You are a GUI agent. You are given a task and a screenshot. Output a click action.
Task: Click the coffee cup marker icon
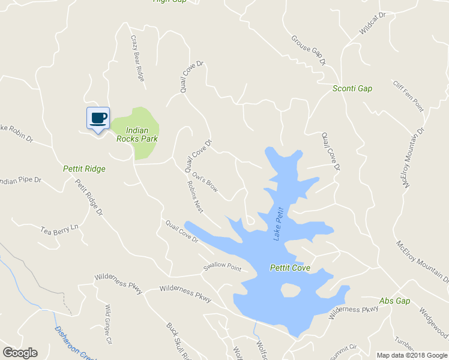pyautogui.click(x=98, y=118)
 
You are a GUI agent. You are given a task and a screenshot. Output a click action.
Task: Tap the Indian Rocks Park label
pyautogui.click(x=142, y=134)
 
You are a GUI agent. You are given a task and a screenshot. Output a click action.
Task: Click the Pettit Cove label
pyautogui.click(x=290, y=268)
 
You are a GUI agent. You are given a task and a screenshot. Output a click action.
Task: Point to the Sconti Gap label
pyautogui.click(x=352, y=89)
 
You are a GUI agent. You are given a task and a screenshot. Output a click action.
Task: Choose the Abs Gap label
pyautogui.click(x=394, y=301)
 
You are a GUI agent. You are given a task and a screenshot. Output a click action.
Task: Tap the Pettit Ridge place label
pyautogui.click(x=84, y=169)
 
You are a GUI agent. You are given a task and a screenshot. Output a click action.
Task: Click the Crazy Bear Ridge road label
pyautogui.click(x=138, y=58)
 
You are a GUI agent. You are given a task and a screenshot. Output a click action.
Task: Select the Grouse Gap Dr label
pyautogui.click(x=308, y=50)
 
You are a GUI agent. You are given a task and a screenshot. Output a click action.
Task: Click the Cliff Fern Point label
pyautogui.click(x=408, y=96)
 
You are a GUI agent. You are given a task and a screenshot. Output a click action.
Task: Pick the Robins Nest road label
pyautogui.click(x=194, y=197)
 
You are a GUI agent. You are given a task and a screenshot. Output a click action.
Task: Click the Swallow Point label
pyautogui.click(x=221, y=268)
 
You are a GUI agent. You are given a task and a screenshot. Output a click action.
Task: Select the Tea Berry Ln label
pyautogui.click(x=59, y=229)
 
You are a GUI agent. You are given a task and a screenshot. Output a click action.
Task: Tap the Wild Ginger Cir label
pyautogui.click(x=109, y=316)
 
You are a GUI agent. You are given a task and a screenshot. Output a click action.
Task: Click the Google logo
pyautogui.click(x=20, y=353)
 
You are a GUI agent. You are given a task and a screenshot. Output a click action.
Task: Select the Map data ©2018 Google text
pyautogui.click(x=412, y=355)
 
